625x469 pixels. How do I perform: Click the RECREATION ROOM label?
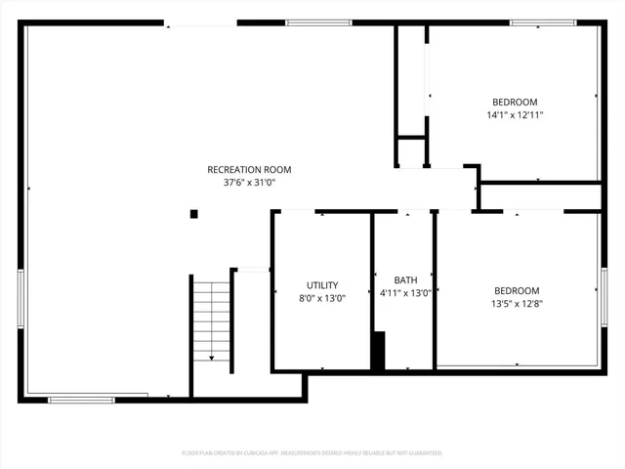(x=249, y=169)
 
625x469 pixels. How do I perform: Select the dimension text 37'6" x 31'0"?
(x=249, y=183)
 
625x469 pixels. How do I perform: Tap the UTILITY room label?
(x=321, y=284)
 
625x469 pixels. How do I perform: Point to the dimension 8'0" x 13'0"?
(x=321, y=298)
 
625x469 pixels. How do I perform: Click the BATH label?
(x=404, y=279)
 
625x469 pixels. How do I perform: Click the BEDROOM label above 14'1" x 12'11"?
(x=514, y=102)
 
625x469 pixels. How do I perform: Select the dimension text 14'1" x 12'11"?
(x=514, y=115)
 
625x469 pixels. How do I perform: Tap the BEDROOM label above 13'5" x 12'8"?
(x=517, y=290)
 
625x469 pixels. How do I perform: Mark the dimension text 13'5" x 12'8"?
(x=517, y=304)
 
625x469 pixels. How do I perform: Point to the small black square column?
(x=194, y=214)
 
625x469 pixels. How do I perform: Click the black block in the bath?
(x=378, y=351)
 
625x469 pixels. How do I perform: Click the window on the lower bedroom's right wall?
(x=604, y=298)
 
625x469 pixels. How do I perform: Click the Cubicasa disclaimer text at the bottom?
(x=312, y=453)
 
